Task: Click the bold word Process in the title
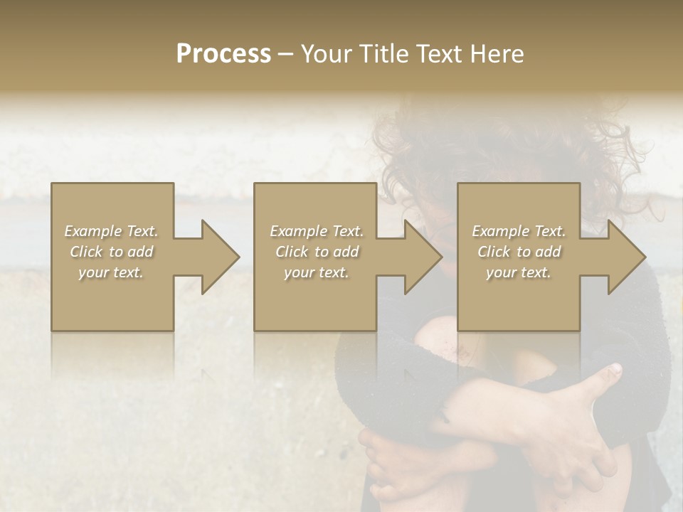[223, 54]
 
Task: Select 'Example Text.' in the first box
[111, 231]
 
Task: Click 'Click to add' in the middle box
[317, 252]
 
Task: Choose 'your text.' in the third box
[519, 272]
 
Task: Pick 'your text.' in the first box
[111, 272]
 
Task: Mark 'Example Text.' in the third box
[519, 231]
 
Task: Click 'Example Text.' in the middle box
[317, 231]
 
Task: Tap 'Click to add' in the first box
[111, 252]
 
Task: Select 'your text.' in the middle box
[317, 272]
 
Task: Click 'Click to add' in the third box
[519, 252]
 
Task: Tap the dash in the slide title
[285, 55]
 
